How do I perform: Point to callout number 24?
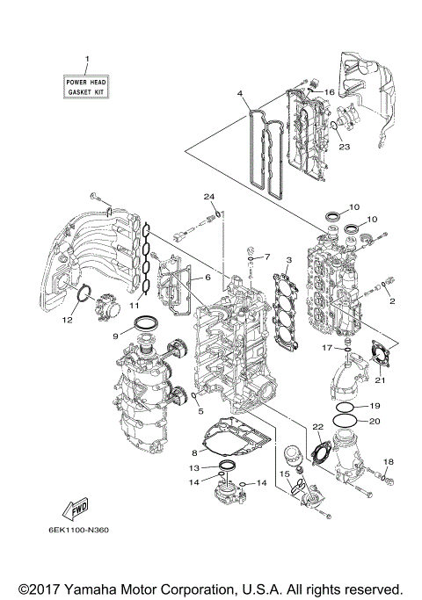coord(209,195)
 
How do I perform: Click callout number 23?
coord(344,147)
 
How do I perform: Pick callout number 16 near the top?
coord(329,91)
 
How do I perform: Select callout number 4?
coord(239,91)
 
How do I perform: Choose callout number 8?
coord(194,452)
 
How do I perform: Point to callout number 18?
coord(389,462)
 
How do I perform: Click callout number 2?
coord(391,300)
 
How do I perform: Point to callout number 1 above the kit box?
coord(87,59)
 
